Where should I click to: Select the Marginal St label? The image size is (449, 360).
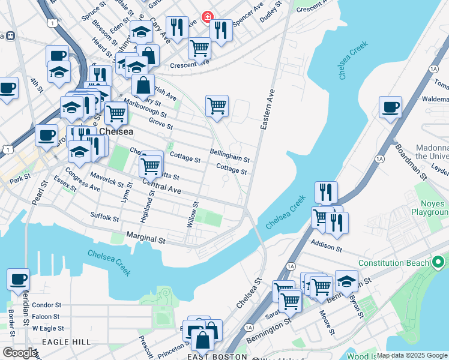pos(145,239)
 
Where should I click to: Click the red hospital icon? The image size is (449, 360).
pos(208,16)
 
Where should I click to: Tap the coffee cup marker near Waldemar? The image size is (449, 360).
pos(390,108)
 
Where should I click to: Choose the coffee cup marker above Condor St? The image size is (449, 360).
pos(18,279)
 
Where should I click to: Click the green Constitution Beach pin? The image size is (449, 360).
pos(438,262)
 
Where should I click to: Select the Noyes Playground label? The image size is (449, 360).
pos(430,208)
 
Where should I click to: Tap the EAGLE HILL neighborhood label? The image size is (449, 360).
pos(67,341)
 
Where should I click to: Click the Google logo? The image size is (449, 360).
pos(20,353)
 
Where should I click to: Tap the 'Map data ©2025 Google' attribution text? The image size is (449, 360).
pos(412,356)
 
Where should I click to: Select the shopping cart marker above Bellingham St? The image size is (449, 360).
pos(217,106)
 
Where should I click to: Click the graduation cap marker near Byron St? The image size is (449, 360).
pos(346,280)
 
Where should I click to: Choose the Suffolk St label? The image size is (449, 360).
pos(104,217)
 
